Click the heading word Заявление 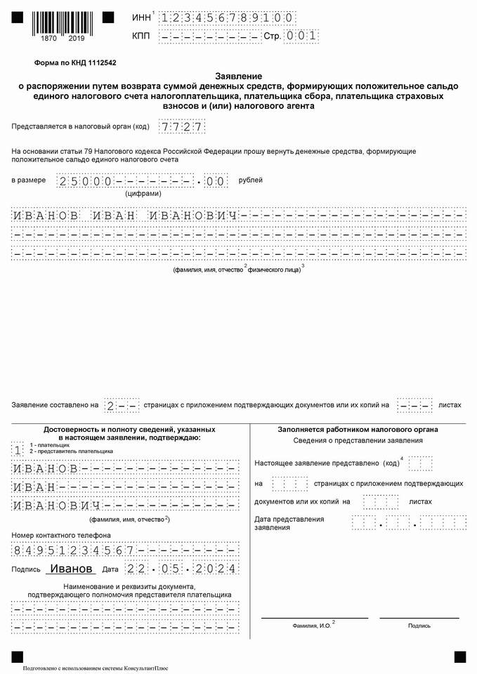tap(238, 75)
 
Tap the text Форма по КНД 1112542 tap(76, 62)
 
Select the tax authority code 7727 tap(181, 127)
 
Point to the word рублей tap(251, 180)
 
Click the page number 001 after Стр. tap(301, 35)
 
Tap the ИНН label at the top tap(141, 17)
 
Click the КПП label tap(141, 35)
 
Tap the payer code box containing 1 tap(18, 450)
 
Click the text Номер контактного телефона tap(55, 536)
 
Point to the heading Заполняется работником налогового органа tap(358, 429)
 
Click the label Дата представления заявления tap(289, 523)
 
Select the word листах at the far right tap(450, 405)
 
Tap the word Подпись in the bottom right tap(419, 626)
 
